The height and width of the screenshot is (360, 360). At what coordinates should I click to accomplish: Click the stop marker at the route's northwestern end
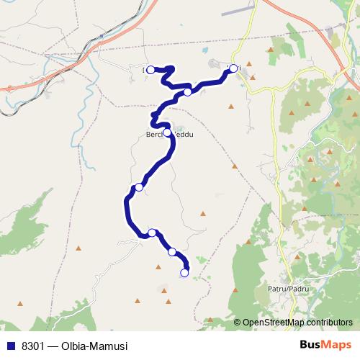(151, 70)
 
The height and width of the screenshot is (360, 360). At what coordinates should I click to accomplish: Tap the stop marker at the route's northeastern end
(233, 68)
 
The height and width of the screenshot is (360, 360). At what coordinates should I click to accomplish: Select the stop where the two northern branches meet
(187, 91)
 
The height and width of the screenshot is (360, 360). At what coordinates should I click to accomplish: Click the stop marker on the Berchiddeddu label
(167, 132)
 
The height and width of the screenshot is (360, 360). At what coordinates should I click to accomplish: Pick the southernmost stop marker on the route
(184, 273)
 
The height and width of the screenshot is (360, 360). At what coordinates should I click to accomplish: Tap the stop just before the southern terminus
(172, 252)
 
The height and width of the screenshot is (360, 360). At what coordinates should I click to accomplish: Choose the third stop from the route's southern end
(152, 232)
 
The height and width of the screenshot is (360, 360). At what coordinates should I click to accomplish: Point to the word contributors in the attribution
(327, 323)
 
